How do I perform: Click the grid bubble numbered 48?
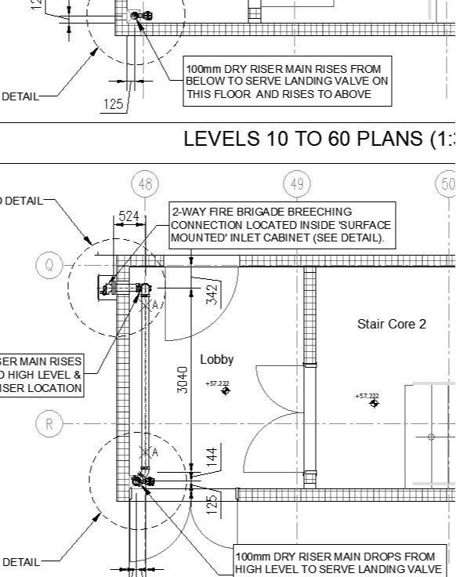pyautogui.click(x=145, y=184)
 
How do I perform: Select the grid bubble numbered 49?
pyautogui.click(x=296, y=184)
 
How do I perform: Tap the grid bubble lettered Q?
pyautogui.click(x=49, y=265)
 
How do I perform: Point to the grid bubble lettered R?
pyautogui.click(x=49, y=424)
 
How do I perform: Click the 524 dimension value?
pyautogui.click(x=129, y=216)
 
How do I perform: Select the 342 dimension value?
pyautogui.click(x=211, y=294)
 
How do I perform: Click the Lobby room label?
pyautogui.click(x=217, y=360)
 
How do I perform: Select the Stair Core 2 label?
pyautogui.click(x=392, y=324)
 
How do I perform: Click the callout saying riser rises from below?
pyautogui.click(x=287, y=82)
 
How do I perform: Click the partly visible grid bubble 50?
pyautogui.click(x=447, y=184)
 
